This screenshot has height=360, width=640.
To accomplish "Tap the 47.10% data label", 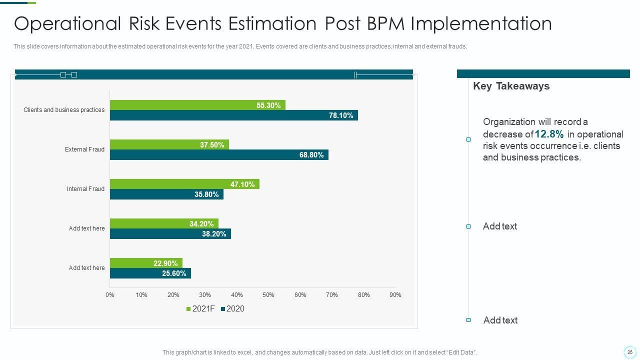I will pyautogui.click(x=242, y=184).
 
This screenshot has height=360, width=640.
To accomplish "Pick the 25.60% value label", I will pyautogui.click(x=174, y=273).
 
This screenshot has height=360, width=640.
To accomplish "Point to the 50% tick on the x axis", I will pyautogui.click(x=268, y=295).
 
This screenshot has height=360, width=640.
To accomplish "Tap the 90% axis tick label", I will pyautogui.click(x=395, y=295).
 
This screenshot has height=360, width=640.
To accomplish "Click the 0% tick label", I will pyautogui.click(x=110, y=295).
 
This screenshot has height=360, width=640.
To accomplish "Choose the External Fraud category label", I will pyautogui.click(x=84, y=149).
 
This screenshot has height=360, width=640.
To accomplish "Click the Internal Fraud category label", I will pyautogui.click(x=85, y=189).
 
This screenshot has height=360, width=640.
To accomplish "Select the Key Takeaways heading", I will pyautogui.click(x=511, y=86).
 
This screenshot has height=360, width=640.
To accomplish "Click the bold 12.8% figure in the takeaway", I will pyautogui.click(x=549, y=134).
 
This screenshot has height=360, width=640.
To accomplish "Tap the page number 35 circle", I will pyautogui.click(x=629, y=352).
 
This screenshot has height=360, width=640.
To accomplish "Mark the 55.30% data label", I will pyautogui.click(x=268, y=105).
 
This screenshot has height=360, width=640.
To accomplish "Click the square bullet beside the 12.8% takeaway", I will pyautogui.click(x=468, y=139).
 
